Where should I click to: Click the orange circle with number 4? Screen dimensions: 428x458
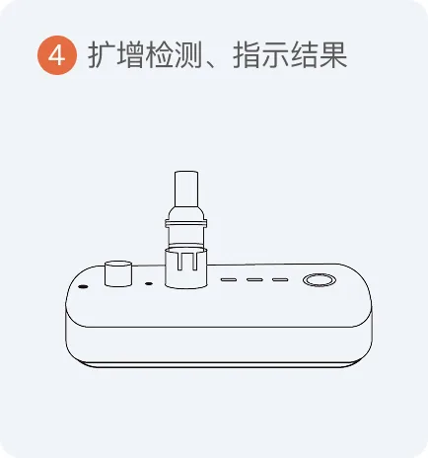pos(57,55)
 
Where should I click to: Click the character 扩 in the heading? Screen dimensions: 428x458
pos(102,55)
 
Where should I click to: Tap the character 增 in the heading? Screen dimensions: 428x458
pos(130,55)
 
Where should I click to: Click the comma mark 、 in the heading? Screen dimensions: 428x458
pos(210,63)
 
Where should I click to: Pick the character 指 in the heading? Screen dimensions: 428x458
pos(247,55)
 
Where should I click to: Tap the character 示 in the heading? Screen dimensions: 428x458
pos(275,55)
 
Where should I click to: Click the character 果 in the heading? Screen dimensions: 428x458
pos(333,55)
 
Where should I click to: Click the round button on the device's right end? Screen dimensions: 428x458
pos(320,280)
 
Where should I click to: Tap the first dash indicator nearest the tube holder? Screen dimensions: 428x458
pos(229,279)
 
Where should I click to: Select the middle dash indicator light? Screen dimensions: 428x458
pos(254,279)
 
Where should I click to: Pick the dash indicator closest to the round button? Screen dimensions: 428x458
pos(280,279)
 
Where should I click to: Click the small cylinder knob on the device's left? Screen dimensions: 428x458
pos(118,273)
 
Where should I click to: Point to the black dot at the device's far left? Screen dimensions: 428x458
pos(83,286)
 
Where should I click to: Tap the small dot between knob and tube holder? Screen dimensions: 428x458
pos(149,283)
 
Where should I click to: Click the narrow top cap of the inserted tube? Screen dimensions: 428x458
pos(186,189)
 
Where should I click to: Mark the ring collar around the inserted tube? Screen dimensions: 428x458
pos(186,224)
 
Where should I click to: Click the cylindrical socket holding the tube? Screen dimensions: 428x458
pos(186,268)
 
